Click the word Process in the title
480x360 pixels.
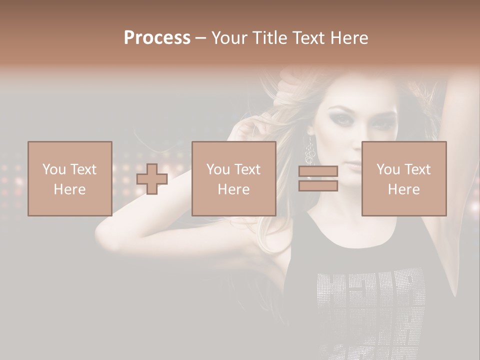157,38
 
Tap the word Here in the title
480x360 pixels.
348,38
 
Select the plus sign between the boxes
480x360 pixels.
152,179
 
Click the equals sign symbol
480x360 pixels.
318,179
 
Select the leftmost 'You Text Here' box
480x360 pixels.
70,178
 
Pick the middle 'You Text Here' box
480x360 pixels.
234,178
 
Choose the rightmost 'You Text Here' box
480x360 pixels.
404,178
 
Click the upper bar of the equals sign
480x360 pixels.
318,171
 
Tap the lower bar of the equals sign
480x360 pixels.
318,186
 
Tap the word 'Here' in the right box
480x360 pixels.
404,189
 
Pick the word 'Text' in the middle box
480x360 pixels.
247,169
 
